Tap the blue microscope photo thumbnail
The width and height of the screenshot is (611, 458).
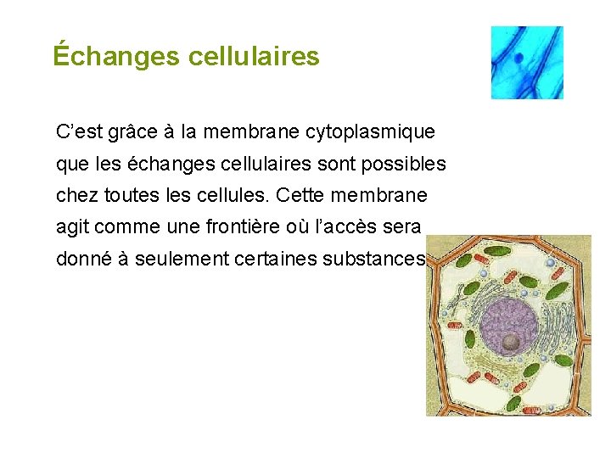(527, 62)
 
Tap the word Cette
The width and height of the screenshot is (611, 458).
(294, 195)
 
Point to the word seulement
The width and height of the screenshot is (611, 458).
(180, 259)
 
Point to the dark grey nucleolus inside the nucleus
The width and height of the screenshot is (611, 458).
(512, 342)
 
